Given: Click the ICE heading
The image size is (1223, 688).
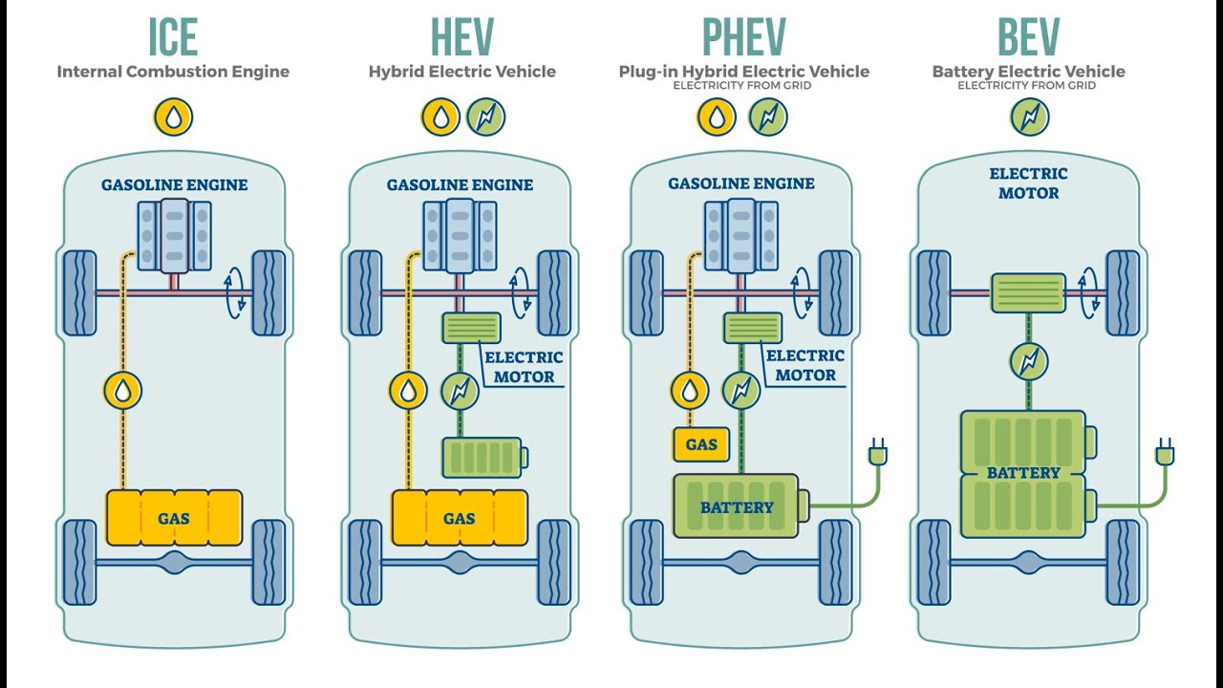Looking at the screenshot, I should tap(173, 37).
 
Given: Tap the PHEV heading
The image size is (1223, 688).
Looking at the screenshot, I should tap(743, 37).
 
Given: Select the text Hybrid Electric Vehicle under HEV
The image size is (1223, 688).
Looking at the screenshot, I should tap(461, 72).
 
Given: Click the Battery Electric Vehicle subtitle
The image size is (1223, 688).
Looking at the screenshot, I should tap(1028, 72).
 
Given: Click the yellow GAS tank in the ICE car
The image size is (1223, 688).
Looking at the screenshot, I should tap(174, 518).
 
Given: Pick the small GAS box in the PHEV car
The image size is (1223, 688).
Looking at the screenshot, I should tap(701, 444).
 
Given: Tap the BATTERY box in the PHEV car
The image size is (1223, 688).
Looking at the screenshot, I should tap(737, 506).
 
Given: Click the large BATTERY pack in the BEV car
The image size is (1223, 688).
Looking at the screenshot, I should tap(1023, 473).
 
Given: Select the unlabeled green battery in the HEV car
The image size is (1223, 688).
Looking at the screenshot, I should tap(482, 457).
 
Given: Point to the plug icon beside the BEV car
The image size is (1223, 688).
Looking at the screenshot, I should tap(1165, 450).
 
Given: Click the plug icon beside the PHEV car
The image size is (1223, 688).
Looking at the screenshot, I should tap(877, 450).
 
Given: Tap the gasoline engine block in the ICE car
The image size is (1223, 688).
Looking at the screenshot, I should tap(174, 234).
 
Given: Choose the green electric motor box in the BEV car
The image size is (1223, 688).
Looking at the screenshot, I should tap(1028, 293).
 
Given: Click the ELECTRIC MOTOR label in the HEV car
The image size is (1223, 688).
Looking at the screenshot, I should tap(524, 367).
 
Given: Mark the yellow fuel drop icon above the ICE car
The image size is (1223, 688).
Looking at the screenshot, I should tap(174, 118).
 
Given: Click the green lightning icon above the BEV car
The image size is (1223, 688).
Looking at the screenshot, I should tap(1030, 118).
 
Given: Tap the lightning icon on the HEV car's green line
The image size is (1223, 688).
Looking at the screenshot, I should tap(459, 390).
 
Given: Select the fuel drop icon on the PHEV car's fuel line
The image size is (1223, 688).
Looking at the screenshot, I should tap(689, 390).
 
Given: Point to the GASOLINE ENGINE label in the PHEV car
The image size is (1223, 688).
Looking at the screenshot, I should tap(741, 183).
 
